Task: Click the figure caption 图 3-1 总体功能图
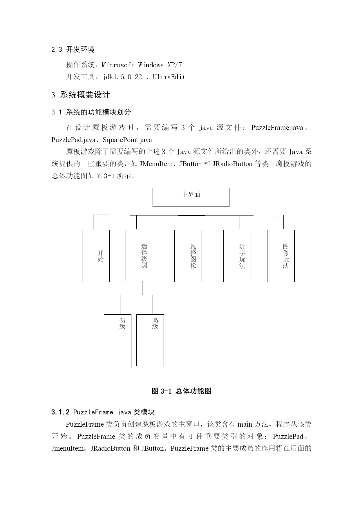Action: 182,391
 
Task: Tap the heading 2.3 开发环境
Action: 73,50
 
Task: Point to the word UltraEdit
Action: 169,77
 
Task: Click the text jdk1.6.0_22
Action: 122,77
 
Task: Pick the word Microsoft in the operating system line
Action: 118,65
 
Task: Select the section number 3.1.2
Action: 60,412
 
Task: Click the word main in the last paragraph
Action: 245,424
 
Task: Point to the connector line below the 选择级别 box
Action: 142,288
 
